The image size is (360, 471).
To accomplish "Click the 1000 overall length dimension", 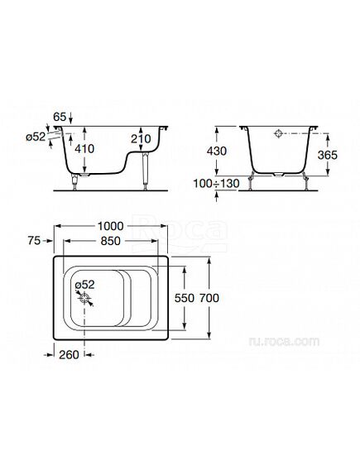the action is coord(111,226).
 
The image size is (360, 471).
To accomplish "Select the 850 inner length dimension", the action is coord(111,241).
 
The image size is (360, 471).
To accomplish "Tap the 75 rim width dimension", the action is coord(34,241).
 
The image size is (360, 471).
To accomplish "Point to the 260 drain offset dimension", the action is coord(69,355).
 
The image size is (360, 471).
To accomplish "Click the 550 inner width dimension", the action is coord(185,298).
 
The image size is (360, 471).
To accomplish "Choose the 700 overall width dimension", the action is coord(209,298).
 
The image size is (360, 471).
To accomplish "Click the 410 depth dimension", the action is coord(84,149).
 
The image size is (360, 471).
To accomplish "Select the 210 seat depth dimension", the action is coord(141,139).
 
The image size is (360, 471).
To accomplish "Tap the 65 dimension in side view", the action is coord(60,117).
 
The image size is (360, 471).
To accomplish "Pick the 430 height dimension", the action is coord(217,151).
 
